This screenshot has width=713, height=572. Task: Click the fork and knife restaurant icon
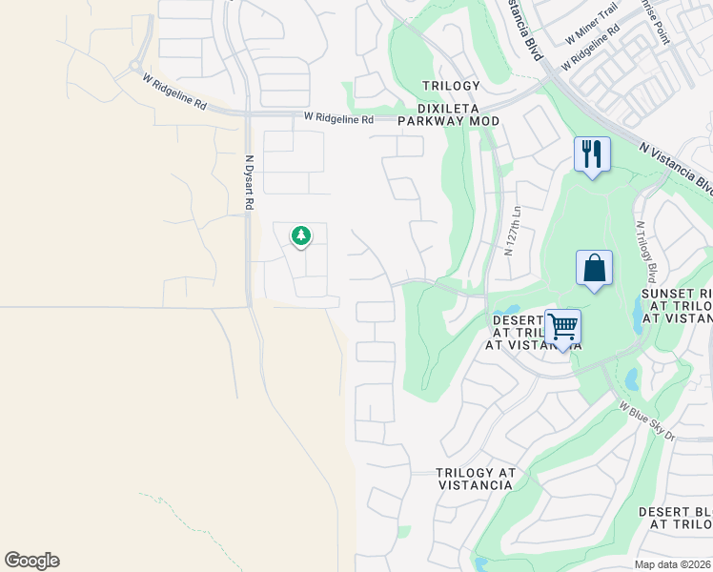(x=591, y=153)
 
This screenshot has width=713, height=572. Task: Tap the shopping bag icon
(x=594, y=268)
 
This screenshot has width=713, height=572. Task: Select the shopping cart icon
(x=563, y=327)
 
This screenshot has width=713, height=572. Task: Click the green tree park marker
(x=301, y=235)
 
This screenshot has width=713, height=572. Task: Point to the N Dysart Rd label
(x=249, y=182)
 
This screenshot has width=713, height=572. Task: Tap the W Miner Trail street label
(x=592, y=33)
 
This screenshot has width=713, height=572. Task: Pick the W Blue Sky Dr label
(x=646, y=420)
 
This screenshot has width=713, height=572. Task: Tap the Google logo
(x=31, y=561)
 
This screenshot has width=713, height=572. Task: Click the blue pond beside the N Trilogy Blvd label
(x=638, y=310)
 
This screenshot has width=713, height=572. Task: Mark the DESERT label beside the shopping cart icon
(x=517, y=320)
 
